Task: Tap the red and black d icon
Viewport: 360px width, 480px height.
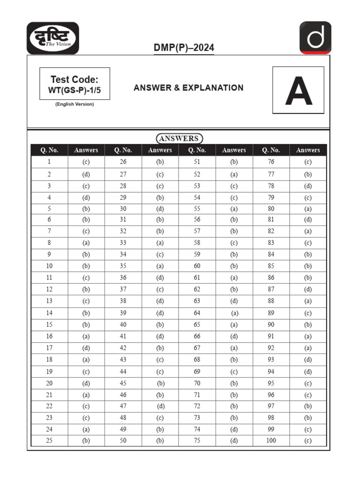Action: pyautogui.click(x=315, y=37)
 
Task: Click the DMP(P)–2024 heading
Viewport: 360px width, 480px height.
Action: pyautogui.click(x=184, y=48)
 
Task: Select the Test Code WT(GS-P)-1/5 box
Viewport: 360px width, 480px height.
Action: pyautogui.click(x=75, y=84)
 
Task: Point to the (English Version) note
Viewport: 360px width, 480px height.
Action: pyautogui.click(x=75, y=104)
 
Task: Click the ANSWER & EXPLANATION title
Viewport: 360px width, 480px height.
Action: pyautogui.click(x=188, y=88)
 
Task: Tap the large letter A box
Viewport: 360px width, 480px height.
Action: pyautogui.click(x=298, y=90)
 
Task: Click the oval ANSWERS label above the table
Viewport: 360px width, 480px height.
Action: pyautogui.click(x=180, y=138)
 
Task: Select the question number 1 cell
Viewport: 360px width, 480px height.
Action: pyautogui.click(x=49, y=162)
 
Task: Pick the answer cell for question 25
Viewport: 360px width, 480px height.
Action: pyautogui.click(x=86, y=441)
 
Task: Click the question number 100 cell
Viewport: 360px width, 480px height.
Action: pyautogui.click(x=271, y=441)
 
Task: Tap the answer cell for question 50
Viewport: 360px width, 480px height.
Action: pyautogui.click(x=160, y=441)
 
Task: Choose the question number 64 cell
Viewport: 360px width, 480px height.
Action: pyautogui.click(x=197, y=313)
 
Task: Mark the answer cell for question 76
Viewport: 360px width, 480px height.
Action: pyautogui.click(x=307, y=162)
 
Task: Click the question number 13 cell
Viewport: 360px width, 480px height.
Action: pyautogui.click(x=49, y=301)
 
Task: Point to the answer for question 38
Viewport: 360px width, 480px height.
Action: pyautogui.click(x=160, y=301)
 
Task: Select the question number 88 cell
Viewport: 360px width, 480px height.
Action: pyautogui.click(x=271, y=301)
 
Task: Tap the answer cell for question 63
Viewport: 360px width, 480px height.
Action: pyautogui.click(x=234, y=301)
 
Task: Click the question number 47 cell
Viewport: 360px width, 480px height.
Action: pyautogui.click(x=123, y=406)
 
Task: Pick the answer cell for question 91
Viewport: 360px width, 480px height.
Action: pyautogui.click(x=307, y=336)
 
